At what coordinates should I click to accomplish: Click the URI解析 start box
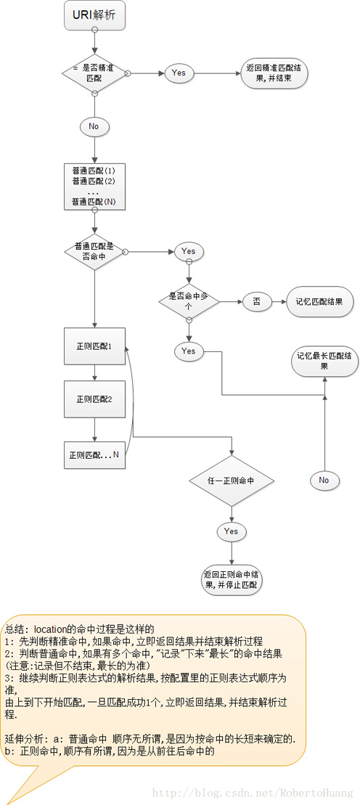coord(94,15)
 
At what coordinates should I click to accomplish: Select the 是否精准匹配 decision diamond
coord(94,72)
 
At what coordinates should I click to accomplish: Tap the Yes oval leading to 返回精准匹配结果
coord(179,73)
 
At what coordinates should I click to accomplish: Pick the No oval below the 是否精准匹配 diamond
coord(94,126)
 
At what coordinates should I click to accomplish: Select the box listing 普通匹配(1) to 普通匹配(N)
coord(94,186)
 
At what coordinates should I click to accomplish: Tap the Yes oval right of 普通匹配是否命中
coord(189,251)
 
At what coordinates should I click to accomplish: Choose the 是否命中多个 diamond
coord(189,301)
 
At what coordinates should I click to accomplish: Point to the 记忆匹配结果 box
coord(319,301)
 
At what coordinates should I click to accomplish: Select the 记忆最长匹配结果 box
coord(324,361)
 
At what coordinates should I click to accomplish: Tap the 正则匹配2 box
coord(94,399)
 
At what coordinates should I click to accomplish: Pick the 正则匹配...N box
coord(94,455)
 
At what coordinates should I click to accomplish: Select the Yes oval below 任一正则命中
coord(231,531)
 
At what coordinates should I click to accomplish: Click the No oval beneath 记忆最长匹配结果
coord(324,480)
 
